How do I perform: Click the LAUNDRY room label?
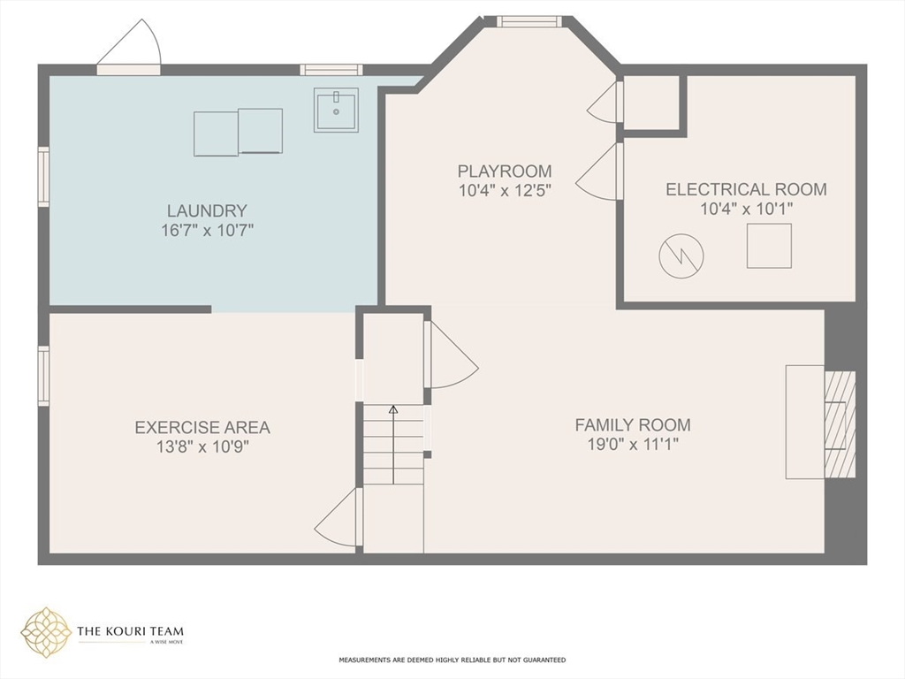click(207, 210)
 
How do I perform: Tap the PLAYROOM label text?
click(505, 172)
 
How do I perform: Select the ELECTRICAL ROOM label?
click(746, 189)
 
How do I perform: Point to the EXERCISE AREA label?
click(202, 428)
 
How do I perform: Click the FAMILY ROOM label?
click(633, 425)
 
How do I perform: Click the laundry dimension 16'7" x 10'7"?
click(207, 231)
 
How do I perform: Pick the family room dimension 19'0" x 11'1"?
click(633, 445)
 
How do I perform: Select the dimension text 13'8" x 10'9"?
click(202, 446)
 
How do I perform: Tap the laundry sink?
click(336, 110)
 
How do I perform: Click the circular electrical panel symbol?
click(681, 256)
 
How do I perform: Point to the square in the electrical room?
click(769, 246)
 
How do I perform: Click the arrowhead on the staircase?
click(393, 410)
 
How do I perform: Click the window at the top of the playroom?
click(529, 22)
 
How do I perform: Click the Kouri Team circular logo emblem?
click(46, 633)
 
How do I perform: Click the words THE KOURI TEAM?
click(131, 631)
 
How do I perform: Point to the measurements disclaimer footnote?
click(452, 660)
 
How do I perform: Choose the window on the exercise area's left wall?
click(43, 375)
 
